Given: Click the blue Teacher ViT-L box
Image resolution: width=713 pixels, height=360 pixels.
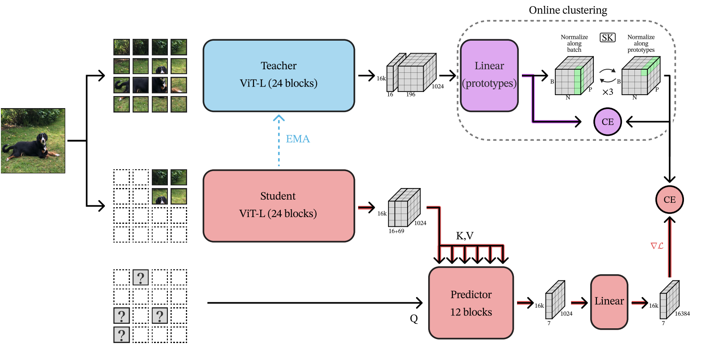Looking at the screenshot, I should point(279,75).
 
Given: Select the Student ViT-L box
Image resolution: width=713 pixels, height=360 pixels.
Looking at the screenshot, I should point(279,205).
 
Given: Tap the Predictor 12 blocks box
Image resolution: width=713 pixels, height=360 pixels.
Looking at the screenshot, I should point(471,303).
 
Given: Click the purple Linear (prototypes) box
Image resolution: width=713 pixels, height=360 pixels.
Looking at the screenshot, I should point(489,75).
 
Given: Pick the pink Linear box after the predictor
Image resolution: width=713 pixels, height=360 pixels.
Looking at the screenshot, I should point(609,301).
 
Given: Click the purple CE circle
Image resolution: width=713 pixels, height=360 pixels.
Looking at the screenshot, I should point(608,121).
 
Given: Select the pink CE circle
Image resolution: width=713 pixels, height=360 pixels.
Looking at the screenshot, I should point(669,200).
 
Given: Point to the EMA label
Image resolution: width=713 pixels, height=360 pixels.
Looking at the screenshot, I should point(298,139).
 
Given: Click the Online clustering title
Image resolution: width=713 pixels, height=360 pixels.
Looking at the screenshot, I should point(568,10).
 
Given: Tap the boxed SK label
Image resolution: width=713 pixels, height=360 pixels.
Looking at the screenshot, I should point(607,38).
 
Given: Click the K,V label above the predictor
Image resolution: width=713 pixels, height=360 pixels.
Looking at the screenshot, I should point(465,236).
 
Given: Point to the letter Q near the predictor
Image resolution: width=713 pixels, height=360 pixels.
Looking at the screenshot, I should point(414,318).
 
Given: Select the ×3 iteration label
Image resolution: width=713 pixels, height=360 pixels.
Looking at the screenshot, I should point(608,92).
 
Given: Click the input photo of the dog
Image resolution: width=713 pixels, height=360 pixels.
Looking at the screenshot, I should point(33,141).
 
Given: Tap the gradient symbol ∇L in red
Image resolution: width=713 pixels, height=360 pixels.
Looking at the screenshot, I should point(657,246).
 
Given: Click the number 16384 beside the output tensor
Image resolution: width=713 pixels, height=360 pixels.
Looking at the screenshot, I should point(682,314).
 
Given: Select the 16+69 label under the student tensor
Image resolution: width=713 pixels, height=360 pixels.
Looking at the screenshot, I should point(396,231).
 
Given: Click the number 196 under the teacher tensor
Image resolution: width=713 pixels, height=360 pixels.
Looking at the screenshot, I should point(411,94).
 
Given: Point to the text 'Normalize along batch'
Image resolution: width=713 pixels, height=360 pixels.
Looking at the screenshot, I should point(574,43).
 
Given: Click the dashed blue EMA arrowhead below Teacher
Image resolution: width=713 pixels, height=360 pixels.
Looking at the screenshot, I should point(279,118).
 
